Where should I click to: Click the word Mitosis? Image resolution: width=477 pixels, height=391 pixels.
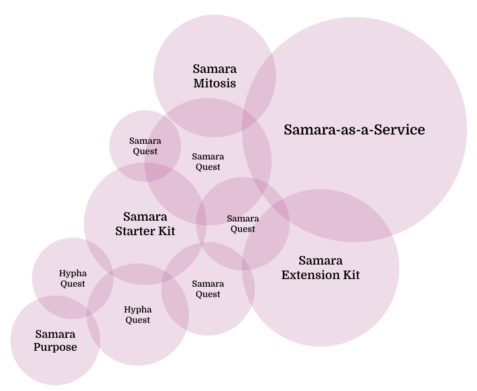(214, 83)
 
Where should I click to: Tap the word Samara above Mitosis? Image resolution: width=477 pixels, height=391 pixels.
(214, 69)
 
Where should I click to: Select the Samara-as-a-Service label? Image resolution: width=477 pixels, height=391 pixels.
(354, 130)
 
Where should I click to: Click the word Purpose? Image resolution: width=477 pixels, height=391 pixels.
(55, 347)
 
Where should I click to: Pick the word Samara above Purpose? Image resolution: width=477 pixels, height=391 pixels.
(55, 334)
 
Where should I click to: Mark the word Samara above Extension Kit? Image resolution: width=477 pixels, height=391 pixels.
(321, 261)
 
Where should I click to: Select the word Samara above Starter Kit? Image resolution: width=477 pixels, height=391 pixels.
(145, 217)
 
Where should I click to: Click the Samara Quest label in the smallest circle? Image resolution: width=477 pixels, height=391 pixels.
(145, 146)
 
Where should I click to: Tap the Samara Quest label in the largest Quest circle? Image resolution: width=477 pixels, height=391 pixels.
(208, 162)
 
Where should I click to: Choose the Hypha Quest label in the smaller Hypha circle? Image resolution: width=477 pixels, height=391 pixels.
(73, 278)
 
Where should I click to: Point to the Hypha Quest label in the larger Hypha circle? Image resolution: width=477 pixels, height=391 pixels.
(138, 315)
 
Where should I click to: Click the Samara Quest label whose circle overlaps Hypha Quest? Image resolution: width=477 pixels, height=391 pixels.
(208, 289)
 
